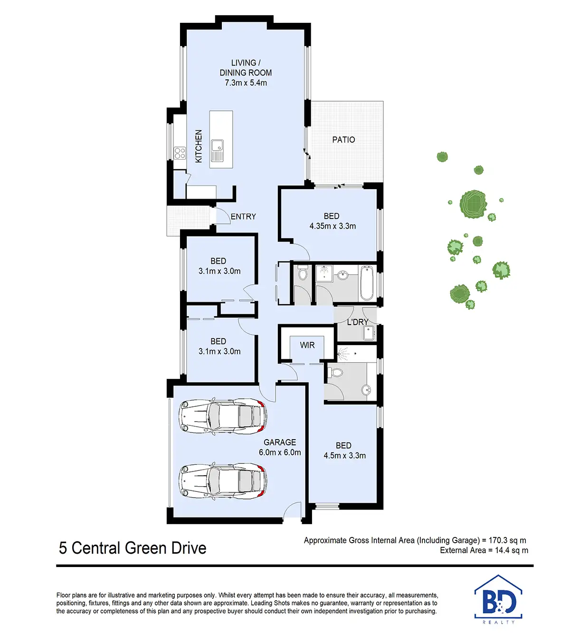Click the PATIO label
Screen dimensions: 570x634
click(343, 140)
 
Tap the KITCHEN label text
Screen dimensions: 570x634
click(199, 146)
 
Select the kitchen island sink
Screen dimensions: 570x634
click(217, 151)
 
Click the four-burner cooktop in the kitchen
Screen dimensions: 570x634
click(180, 153)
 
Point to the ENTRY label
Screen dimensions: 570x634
click(243, 217)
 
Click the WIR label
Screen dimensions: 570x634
click(307, 345)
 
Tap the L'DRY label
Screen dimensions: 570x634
click(357, 322)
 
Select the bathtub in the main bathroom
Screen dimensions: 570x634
click(367, 283)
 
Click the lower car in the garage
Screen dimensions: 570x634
click(222, 481)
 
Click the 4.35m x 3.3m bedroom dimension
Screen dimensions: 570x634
click(332, 226)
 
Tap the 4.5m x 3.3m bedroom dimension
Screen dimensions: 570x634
click(344, 455)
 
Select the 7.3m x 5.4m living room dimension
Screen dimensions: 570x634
click(246, 83)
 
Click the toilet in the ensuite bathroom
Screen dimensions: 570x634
click(337, 372)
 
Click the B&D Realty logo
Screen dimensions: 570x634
click(498, 600)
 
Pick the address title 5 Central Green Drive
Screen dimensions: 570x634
click(133, 548)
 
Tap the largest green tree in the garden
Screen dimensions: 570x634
click(473, 204)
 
